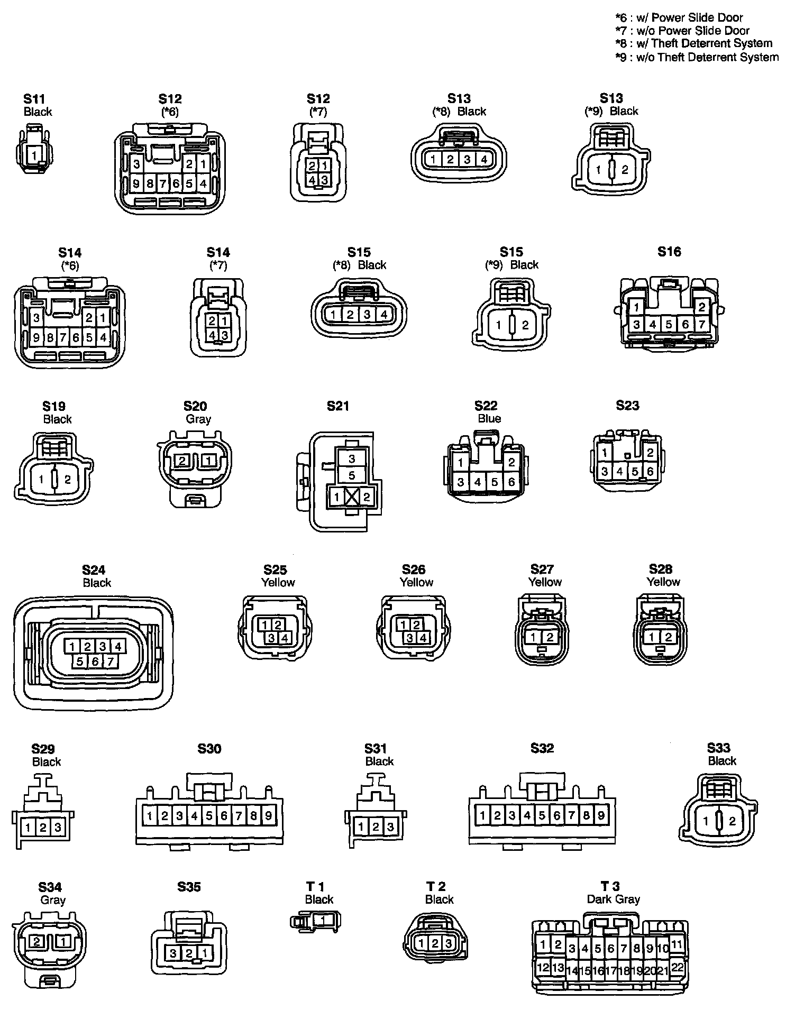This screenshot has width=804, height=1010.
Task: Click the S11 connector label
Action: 34,98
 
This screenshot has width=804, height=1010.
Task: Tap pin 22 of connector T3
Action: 678,966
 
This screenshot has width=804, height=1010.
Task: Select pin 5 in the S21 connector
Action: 352,475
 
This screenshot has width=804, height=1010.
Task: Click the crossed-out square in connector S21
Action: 352,497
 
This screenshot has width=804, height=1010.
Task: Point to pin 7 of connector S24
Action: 110,661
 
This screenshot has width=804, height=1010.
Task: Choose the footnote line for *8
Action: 694,43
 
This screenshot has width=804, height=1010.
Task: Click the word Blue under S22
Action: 489,419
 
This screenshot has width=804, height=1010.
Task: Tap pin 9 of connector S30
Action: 269,816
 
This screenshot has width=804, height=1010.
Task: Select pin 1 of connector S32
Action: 482,815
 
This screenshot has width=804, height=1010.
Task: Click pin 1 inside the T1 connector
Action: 324,920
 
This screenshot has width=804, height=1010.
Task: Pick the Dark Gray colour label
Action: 613,899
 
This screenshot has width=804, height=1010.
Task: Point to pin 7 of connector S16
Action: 701,324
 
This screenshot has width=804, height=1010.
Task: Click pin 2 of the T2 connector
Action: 435,943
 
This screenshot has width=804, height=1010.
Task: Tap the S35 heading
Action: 189,887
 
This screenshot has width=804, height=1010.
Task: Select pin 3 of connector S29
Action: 58,827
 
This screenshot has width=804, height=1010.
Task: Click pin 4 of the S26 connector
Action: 423,638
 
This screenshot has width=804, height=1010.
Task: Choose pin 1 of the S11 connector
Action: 34,155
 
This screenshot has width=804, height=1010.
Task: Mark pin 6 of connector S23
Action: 650,471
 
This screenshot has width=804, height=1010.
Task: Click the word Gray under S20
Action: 198,419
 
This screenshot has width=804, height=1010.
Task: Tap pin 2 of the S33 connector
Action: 732,821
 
